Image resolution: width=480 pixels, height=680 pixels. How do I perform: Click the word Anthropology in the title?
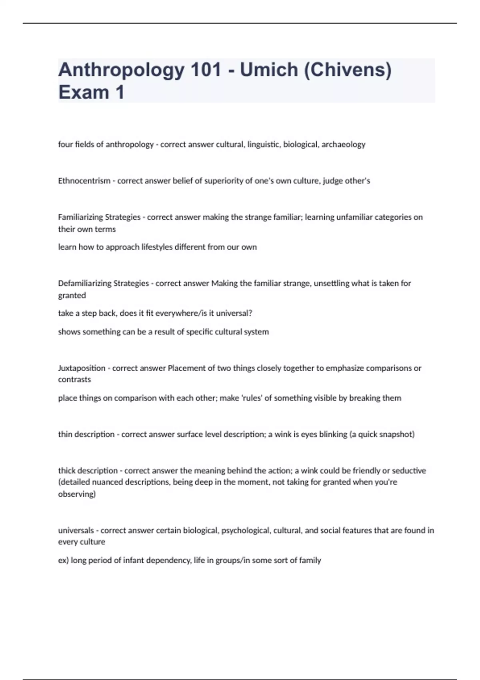[x=121, y=70]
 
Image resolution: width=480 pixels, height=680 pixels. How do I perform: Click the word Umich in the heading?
[x=269, y=70]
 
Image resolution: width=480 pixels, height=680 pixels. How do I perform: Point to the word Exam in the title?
[x=84, y=92]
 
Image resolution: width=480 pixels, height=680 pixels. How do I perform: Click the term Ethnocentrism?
[x=84, y=181]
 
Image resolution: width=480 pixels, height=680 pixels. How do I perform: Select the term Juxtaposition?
[x=82, y=368]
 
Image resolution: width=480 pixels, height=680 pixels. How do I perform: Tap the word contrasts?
[x=74, y=380]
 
